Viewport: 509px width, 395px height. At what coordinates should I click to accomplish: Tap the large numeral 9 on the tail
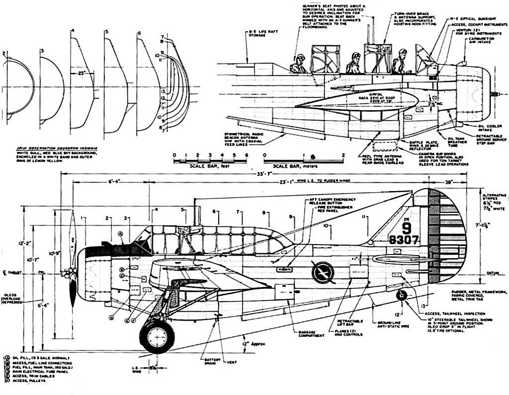coord(406,228)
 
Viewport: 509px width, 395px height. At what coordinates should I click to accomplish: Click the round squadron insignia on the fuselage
coord(323,272)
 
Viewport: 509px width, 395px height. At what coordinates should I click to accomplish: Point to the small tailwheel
coord(401,295)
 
